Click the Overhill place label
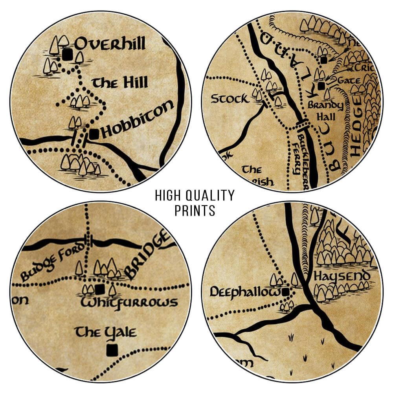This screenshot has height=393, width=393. pos(110,44)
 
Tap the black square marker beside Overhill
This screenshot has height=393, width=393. pos(68,54)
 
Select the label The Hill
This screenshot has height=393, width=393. pos(119,83)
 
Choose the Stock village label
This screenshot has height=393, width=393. pos(230,98)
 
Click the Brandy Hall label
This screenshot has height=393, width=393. pos(326,111)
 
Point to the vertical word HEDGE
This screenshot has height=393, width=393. pos(356,134)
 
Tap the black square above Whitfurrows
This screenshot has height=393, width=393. pos(100,289)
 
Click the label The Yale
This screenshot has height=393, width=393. pos(106,332)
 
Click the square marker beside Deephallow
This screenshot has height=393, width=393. pos(286,291)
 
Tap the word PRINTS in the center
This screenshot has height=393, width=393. pos(195,211)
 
